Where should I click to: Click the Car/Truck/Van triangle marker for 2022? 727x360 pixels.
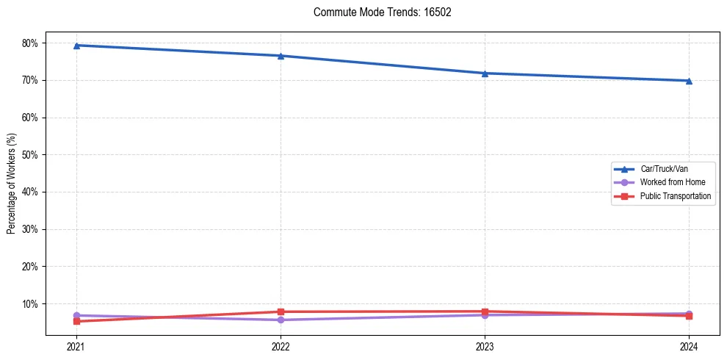point(281,56)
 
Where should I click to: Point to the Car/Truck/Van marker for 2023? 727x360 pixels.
point(485,73)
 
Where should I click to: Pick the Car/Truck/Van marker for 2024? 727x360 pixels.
point(689,81)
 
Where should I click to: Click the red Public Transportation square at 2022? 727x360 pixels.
point(281,312)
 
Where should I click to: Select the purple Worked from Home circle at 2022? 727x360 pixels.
point(281,320)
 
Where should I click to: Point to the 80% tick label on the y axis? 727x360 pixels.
point(32,43)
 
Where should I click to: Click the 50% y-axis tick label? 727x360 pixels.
point(32,155)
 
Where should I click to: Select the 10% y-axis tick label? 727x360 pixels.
point(32,304)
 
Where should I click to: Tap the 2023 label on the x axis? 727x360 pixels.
point(485,346)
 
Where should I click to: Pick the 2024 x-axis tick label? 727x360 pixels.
point(689,346)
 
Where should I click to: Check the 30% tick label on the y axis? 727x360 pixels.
point(32,229)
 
